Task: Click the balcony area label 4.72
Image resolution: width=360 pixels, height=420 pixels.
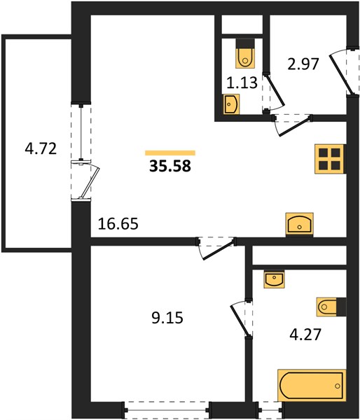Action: tap(41, 148)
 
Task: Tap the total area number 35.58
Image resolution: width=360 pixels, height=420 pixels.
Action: tap(170, 166)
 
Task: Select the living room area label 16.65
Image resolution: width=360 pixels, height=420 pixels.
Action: tap(118, 224)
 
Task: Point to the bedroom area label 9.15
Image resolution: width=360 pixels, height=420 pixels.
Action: tap(167, 318)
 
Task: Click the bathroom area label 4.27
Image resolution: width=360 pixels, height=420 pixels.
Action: tap(305, 335)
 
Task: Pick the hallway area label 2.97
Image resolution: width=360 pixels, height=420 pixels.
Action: tap(303, 64)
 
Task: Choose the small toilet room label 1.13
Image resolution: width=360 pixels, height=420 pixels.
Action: tap(242, 83)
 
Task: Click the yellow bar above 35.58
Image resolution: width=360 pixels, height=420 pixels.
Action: tap(170, 153)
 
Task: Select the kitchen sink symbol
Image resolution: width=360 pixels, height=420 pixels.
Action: tap(300, 225)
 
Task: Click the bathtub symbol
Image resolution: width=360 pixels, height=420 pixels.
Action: tap(312, 386)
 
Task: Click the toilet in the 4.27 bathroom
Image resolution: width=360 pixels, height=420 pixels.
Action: tap(331, 307)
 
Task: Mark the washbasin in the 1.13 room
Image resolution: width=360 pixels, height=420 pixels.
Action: tap(231, 104)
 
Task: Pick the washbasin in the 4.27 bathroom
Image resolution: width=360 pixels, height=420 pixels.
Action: tap(275, 279)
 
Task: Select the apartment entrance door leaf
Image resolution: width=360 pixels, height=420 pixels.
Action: tap(340, 73)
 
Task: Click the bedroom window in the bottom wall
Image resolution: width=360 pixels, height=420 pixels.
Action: tap(166, 409)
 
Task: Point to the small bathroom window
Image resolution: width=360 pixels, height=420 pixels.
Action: tap(270, 409)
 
